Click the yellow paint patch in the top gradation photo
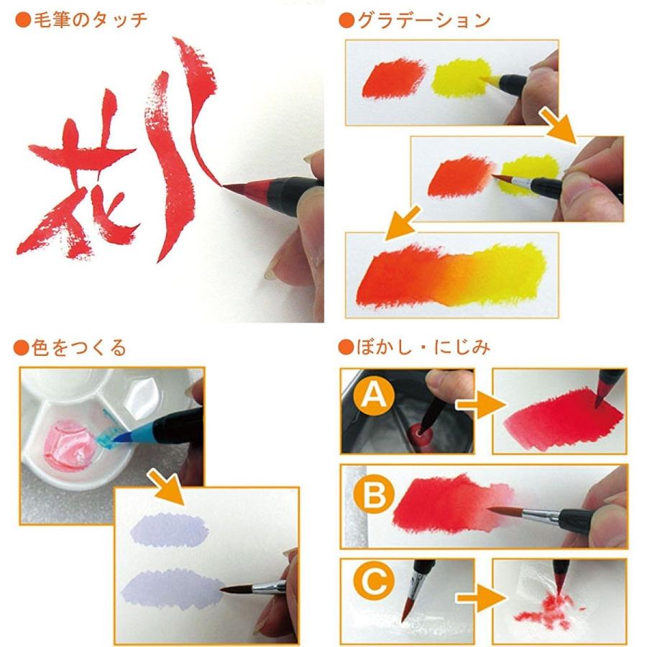tap(461, 80)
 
